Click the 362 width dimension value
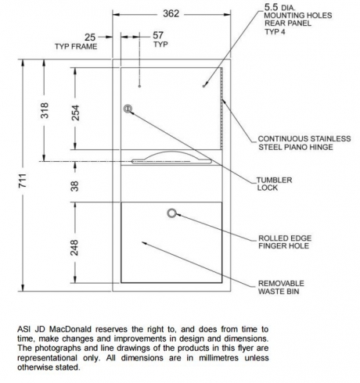click(171, 13)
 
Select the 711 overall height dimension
click(23, 180)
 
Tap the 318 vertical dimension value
click(45, 110)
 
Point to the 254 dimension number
click(75, 113)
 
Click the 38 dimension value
click(74, 186)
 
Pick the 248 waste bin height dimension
click(74, 248)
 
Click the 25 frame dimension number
click(90, 38)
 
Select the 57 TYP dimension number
click(158, 35)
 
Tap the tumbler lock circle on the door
click(128, 109)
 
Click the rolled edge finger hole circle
click(171, 213)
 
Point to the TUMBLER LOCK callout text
click(274, 184)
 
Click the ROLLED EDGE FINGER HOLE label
click(285, 242)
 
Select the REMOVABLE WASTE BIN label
click(281, 287)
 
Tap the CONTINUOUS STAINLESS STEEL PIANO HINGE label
click(304, 143)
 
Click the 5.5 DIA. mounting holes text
click(298, 19)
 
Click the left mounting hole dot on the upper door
click(139, 86)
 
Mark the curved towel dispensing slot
click(171, 158)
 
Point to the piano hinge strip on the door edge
click(221, 109)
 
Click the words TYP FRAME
click(76, 47)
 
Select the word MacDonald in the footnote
click(70, 329)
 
